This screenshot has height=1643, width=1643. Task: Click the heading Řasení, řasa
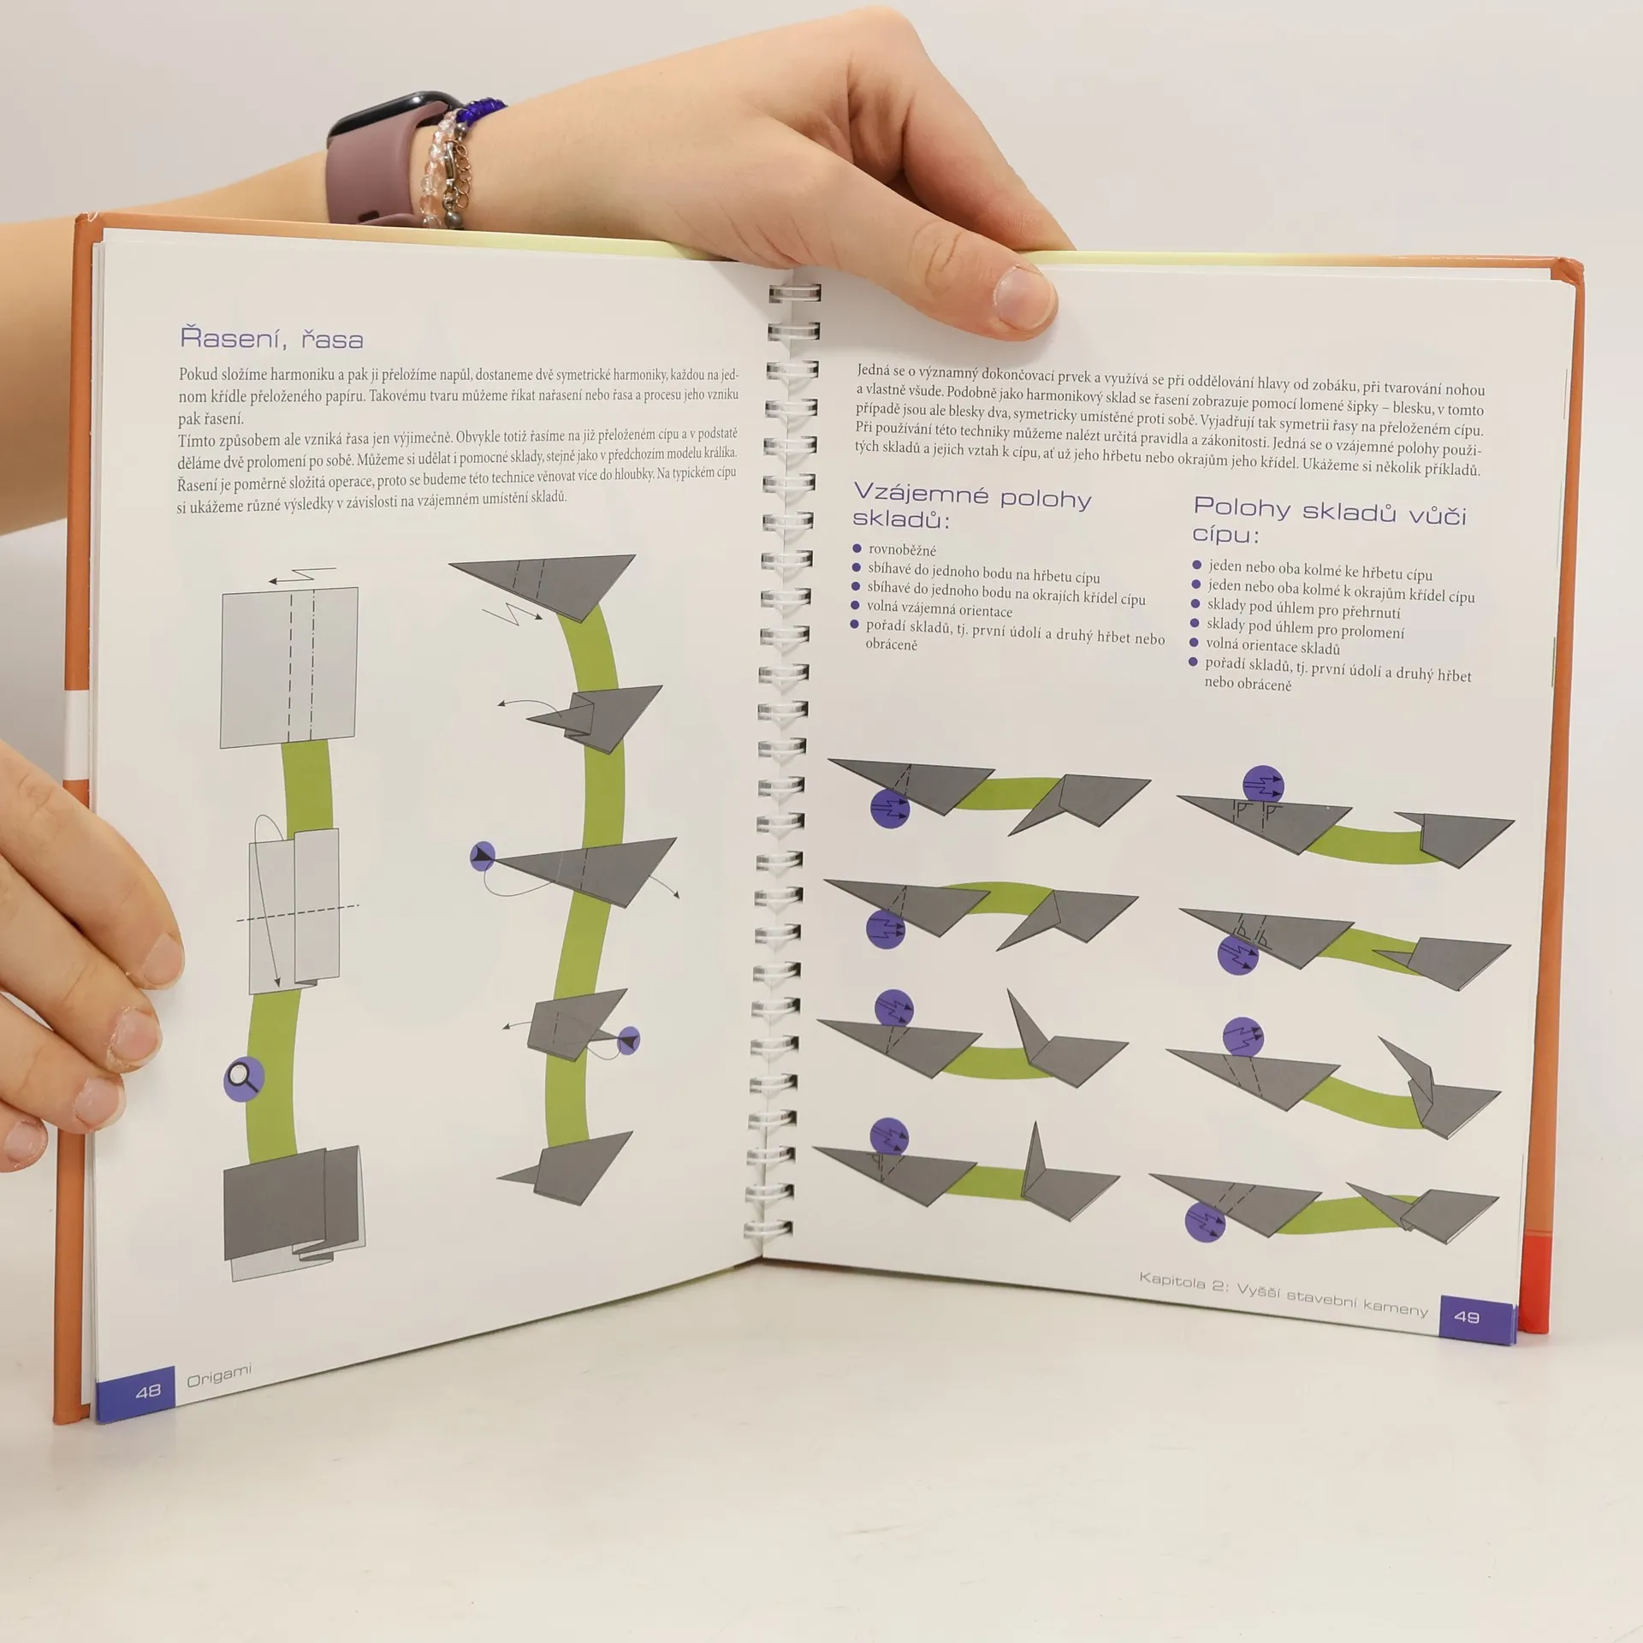coord(271,339)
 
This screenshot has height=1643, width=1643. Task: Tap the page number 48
coord(148,1391)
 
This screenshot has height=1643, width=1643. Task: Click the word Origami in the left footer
coord(220,1377)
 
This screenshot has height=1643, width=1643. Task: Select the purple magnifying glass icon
coord(243,1079)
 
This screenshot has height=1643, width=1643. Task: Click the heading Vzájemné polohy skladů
coord(972,507)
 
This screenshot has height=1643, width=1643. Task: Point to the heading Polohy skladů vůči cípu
coord(1329,519)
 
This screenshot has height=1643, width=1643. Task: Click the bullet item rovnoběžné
coord(902,549)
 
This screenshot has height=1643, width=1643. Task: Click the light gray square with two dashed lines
coord(289,667)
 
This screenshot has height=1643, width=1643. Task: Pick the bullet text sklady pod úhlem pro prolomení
coord(1305,629)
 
